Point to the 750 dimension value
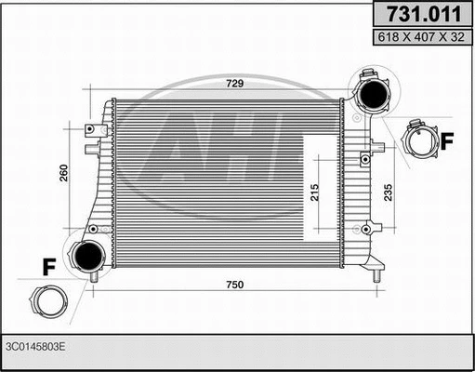pos(234,285)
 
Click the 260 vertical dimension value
pos(64,174)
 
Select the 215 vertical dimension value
pos(314,193)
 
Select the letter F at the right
pos(446,141)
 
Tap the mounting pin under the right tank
pos(376,275)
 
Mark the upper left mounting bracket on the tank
pos(92,130)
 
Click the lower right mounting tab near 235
pos(372,227)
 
